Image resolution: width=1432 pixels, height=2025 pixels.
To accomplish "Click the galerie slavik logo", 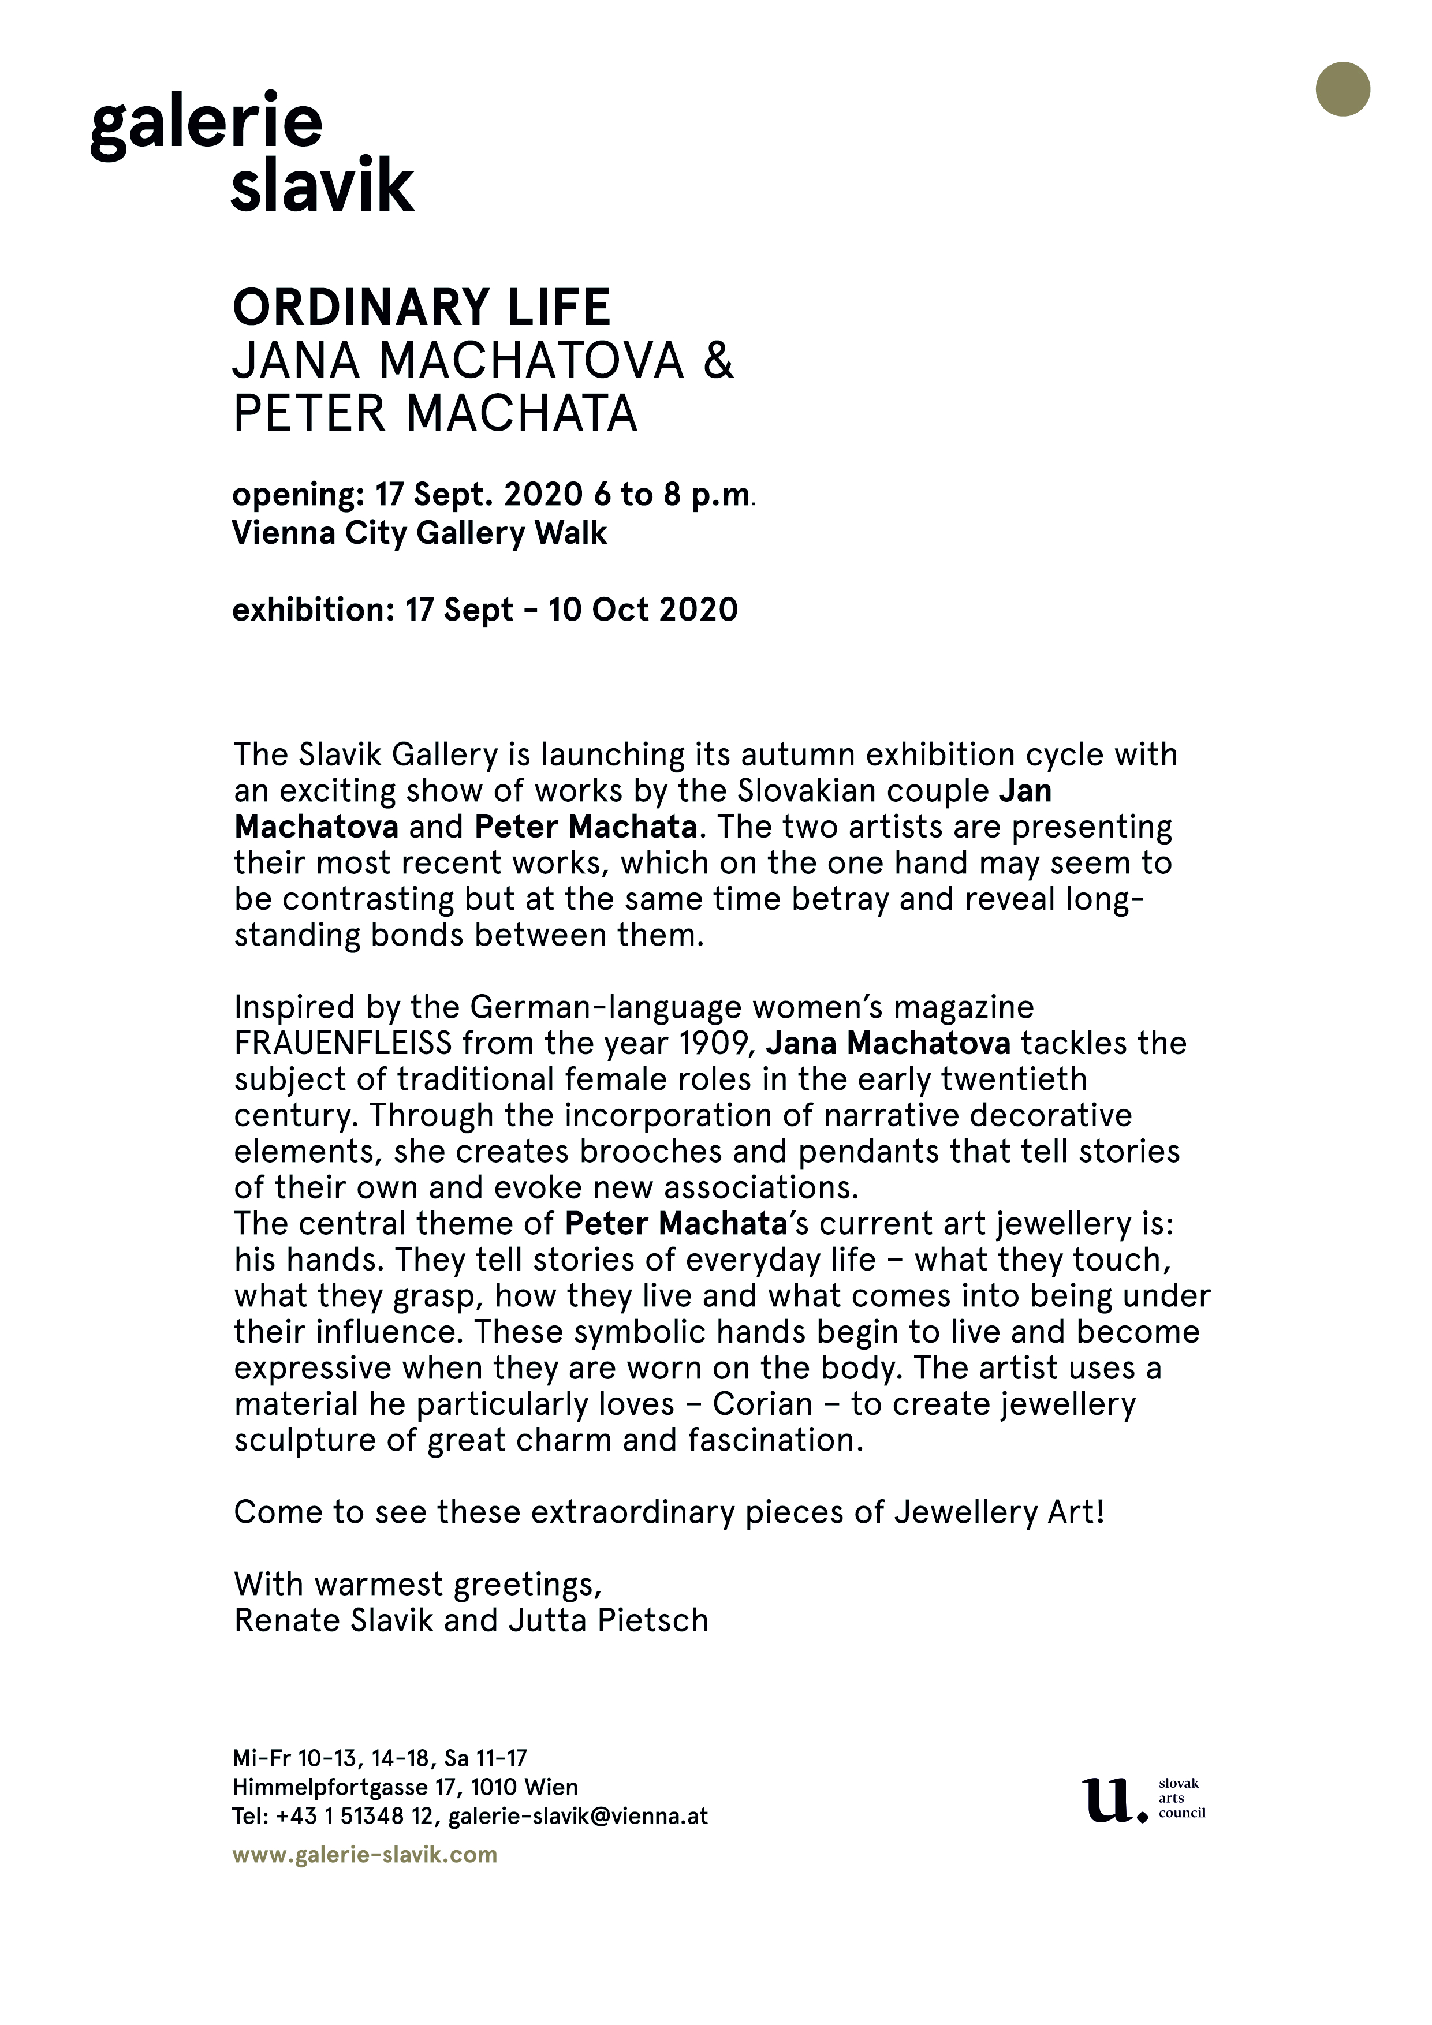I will pos(251,152).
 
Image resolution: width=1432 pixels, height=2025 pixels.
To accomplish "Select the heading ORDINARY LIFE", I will pos(421,307).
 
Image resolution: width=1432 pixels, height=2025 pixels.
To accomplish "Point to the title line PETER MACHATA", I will pos(434,413).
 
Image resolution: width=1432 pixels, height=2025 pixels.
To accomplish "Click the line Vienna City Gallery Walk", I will pos(419,533).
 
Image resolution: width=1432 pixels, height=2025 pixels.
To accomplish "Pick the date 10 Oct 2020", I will pos(642,610).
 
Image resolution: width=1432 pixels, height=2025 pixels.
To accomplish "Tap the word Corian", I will pos(762,1403).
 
